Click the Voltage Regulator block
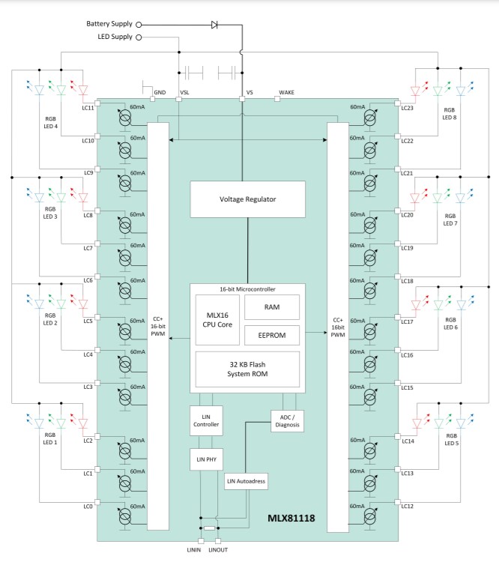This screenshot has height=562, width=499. tap(248, 200)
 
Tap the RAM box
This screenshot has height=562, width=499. tap(271, 306)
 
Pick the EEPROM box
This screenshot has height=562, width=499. tap(271, 334)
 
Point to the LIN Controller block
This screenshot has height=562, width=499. tap(205, 420)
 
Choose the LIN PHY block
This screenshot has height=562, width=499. tap(205, 459)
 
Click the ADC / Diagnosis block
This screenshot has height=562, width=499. tap(287, 420)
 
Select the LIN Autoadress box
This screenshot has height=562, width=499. tap(247, 481)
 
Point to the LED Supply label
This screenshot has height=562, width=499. tap(115, 37)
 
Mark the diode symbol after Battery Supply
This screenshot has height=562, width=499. tap(215, 24)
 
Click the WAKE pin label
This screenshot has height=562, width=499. tap(287, 92)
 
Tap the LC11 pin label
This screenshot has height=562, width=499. tap(88, 108)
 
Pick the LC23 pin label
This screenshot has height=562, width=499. tap(408, 108)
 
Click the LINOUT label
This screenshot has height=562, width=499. tap(219, 551)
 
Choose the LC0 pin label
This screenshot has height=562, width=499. tap(88, 507)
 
